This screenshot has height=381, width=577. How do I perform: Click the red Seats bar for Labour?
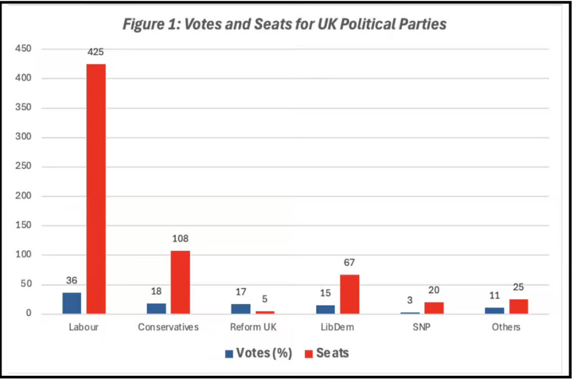coord(96,189)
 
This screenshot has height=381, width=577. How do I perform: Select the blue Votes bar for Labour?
coord(72,303)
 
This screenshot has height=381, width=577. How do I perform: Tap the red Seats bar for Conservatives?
coord(180,282)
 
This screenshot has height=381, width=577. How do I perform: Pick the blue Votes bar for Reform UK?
coord(241,309)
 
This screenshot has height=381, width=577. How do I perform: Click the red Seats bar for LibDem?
coord(349,294)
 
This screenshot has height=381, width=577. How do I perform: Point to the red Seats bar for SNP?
coord(434,308)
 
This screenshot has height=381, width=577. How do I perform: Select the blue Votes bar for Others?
coord(495,311)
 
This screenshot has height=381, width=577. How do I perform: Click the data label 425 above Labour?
coord(96,52)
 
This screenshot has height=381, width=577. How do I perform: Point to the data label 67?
coord(349,263)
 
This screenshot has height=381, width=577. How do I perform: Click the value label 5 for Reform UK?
coord(264,299)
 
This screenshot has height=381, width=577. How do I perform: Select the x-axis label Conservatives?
coord(168,327)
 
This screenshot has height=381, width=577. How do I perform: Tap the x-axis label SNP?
coord(421,327)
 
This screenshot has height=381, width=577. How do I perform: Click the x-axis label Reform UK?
coord(252,327)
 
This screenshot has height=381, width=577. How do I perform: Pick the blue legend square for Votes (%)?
coord(229,354)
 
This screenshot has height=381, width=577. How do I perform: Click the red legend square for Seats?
coord(308,354)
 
